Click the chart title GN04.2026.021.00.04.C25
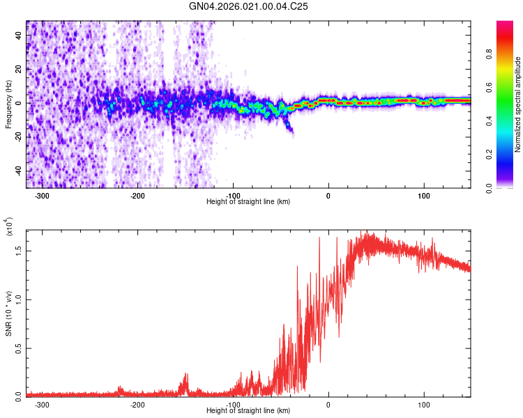tap(248, 6)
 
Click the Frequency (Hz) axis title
tap(8, 104)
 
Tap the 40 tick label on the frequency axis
tap(19, 36)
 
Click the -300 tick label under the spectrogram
tap(42, 196)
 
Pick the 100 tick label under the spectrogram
tap(423, 196)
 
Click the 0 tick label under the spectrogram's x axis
tap(328, 196)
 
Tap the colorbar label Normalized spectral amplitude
tap(517, 104)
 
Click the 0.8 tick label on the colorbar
tap(489, 54)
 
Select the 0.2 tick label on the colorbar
tap(489, 155)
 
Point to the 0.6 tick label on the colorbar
tap(489, 87)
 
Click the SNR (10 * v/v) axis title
tap(8, 313)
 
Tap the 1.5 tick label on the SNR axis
tap(19, 251)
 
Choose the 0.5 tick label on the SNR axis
tap(19, 348)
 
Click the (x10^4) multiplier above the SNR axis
tap(8, 226)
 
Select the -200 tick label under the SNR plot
tap(137, 405)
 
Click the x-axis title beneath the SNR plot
tap(248, 410)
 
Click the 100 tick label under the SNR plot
tap(423, 405)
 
